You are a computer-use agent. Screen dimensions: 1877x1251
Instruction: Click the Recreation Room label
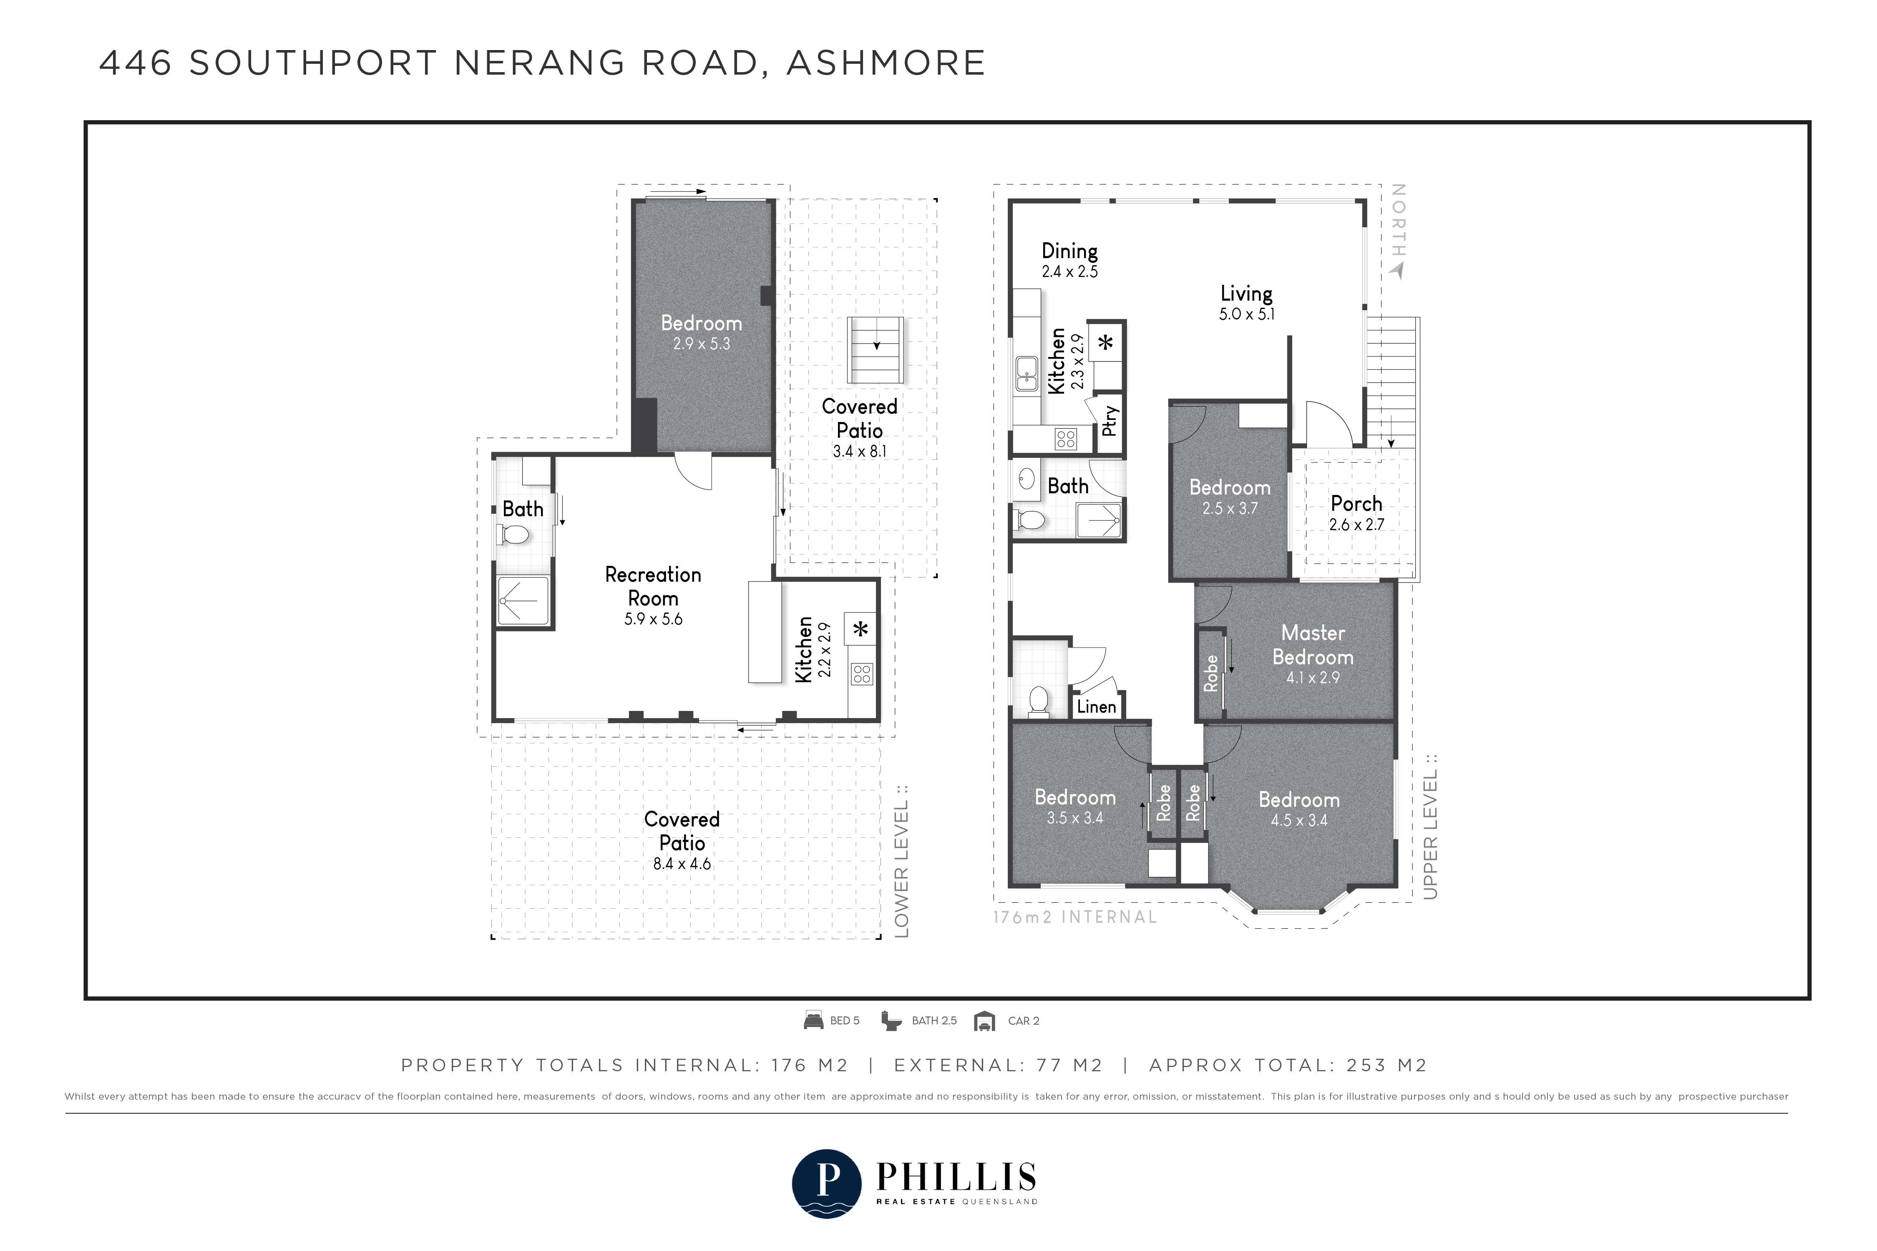653,586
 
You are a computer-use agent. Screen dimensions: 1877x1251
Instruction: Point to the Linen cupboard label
1097,706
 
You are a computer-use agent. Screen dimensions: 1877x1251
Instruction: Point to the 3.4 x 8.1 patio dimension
860,451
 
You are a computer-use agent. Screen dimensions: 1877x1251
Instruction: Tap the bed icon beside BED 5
813,1020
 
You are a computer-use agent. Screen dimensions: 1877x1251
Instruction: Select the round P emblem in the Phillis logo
827,1183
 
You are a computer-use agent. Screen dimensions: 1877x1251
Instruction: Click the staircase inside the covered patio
876,350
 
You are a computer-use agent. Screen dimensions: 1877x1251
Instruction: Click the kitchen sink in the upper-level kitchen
1026,374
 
